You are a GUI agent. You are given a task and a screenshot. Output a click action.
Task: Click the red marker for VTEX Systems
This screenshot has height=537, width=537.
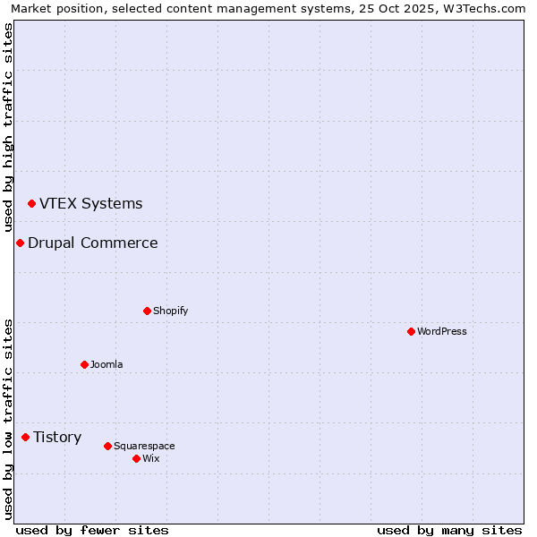(32, 204)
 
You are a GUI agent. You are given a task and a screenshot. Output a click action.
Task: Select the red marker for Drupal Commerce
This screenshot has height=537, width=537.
(20, 243)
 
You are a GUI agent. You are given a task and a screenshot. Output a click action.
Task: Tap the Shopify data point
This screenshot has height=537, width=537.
(147, 311)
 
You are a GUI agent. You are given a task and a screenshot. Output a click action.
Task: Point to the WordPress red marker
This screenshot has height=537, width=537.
(411, 332)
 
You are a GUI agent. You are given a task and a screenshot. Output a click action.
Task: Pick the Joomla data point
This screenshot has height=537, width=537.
(84, 365)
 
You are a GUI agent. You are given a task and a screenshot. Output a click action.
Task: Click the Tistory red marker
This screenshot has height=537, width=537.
(26, 438)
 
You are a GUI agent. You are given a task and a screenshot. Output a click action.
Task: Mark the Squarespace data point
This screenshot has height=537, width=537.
(107, 446)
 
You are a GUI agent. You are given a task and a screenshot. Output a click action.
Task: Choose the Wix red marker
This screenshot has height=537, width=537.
(136, 459)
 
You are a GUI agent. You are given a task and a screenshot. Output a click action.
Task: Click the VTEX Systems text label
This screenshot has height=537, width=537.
(90, 204)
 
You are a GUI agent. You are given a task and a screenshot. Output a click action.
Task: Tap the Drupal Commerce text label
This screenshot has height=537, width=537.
(93, 243)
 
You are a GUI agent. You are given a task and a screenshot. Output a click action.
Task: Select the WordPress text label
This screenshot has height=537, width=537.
(442, 332)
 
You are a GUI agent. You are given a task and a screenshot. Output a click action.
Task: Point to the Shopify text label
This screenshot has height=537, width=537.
(170, 311)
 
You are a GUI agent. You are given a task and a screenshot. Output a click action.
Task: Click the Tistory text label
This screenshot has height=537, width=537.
(57, 438)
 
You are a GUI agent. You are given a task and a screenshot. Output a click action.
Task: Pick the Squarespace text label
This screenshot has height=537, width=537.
(144, 446)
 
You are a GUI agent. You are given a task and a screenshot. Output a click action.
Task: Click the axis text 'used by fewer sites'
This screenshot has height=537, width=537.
(92, 530)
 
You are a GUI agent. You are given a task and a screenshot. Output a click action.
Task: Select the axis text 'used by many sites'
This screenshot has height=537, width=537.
(449, 530)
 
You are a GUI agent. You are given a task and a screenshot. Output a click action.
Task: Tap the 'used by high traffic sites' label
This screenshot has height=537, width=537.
(8, 128)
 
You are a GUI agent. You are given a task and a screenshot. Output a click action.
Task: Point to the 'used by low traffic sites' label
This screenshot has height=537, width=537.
(8, 418)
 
